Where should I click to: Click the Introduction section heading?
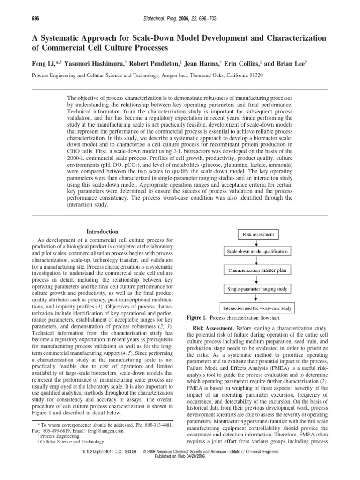click(99, 232)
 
